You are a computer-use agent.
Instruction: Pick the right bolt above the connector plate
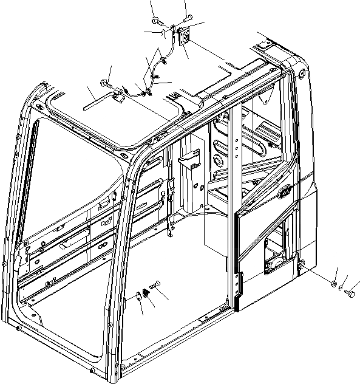[188, 16]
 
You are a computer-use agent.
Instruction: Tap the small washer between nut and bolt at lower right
[341, 287]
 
